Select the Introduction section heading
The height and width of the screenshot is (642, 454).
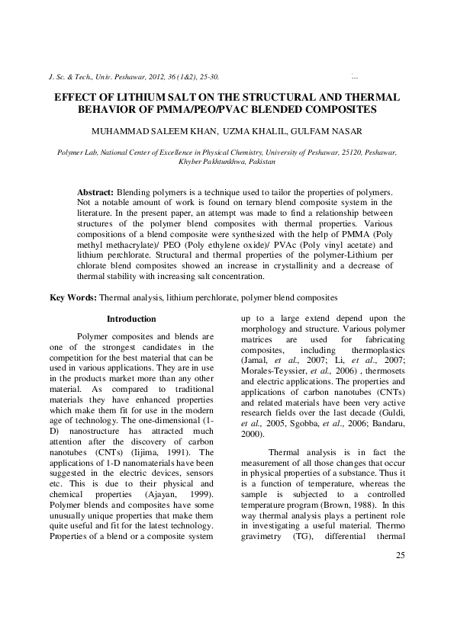click(131, 319)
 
